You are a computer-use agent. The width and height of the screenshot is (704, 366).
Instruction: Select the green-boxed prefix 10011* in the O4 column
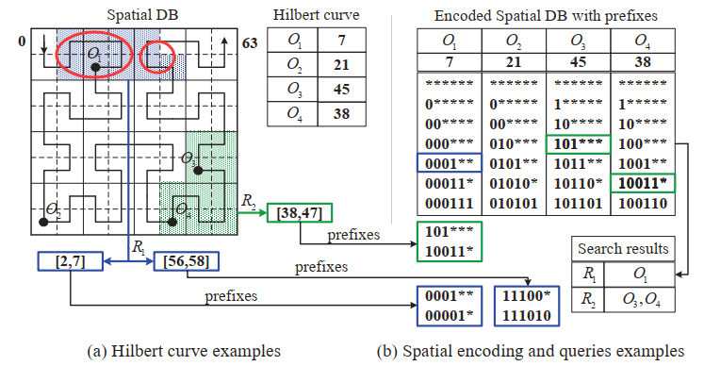point(642,183)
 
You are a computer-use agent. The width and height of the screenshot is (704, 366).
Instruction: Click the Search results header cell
point(623,250)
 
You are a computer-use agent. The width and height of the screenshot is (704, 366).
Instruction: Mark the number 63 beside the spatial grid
point(250,43)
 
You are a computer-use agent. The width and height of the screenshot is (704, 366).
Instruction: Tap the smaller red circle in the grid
point(156,58)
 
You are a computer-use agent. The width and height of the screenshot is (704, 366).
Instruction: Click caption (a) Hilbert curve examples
point(184,351)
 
